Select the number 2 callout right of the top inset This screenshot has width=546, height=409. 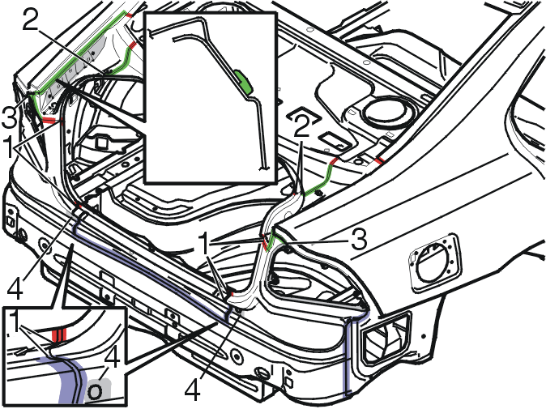(x=302, y=126)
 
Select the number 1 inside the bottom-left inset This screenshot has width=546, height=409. (x=15, y=322)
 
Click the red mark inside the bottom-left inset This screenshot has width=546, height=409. (x=59, y=335)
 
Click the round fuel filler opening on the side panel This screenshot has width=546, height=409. (x=434, y=263)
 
